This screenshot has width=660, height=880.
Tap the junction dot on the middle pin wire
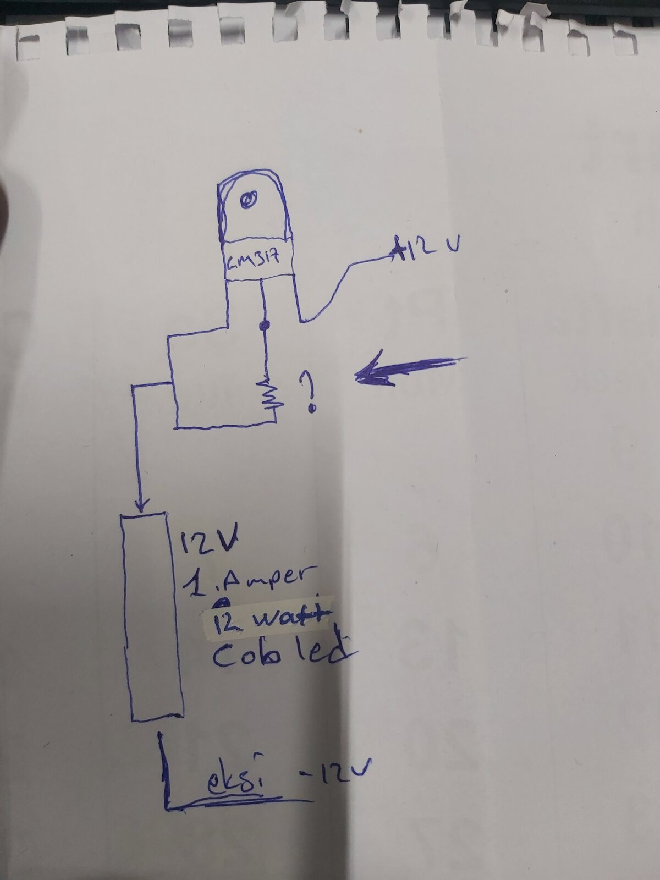(263, 325)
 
